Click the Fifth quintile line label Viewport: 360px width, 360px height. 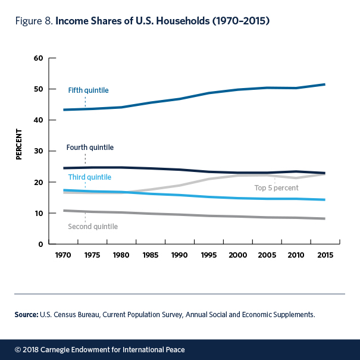(88, 90)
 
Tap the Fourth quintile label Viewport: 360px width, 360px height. (90, 147)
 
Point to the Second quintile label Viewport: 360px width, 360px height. (93, 227)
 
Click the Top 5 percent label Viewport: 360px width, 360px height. (276, 188)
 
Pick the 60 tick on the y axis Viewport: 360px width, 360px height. (39, 58)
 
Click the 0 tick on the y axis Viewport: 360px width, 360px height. (42, 245)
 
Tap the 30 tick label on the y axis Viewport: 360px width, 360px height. (39, 151)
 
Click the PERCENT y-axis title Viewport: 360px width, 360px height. (19, 143)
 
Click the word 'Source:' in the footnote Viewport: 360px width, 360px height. (26, 314)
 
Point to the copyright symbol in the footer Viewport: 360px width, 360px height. (18, 348)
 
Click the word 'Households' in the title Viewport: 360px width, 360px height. (184, 21)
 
